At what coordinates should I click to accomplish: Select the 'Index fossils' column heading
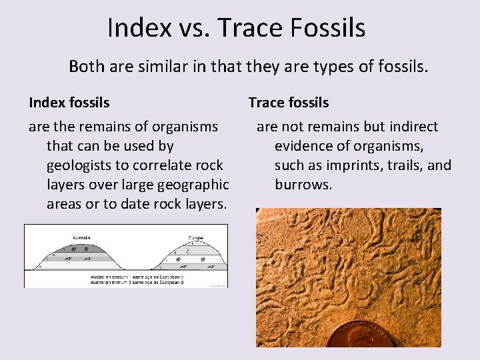click(69, 103)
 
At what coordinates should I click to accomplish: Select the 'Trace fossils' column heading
click(289, 103)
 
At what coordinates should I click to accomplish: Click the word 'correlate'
click(143, 165)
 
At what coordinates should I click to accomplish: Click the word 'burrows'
click(303, 184)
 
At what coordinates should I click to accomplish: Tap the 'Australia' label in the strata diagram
click(83, 237)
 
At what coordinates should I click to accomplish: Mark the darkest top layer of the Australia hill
click(83, 247)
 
